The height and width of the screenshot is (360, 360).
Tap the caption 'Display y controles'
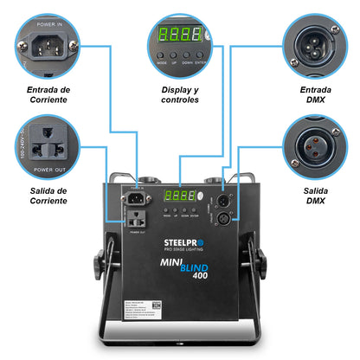pyautogui.click(x=179, y=94)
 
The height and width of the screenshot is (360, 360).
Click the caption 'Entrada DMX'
pyautogui.click(x=313, y=94)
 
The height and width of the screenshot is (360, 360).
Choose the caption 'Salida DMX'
pyautogui.click(x=313, y=195)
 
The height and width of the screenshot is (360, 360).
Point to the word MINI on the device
pyautogui.click(x=176, y=257)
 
